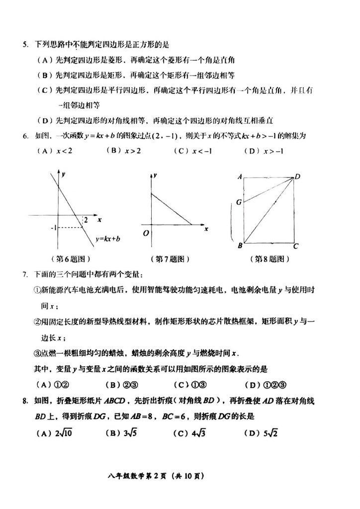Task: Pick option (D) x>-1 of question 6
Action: pyautogui.click(x=266, y=151)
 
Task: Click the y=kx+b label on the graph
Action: pyautogui.click(x=109, y=239)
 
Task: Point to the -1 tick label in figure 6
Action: pyautogui.click(x=52, y=228)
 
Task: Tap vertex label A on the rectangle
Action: pyautogui.click(x=239, y=176)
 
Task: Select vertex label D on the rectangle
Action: pyautogui.click(x=297, y=176)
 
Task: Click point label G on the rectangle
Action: pyautogui.click(x=239, y=202)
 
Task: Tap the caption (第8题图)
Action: pyautogui.click(x=269, y=259)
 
